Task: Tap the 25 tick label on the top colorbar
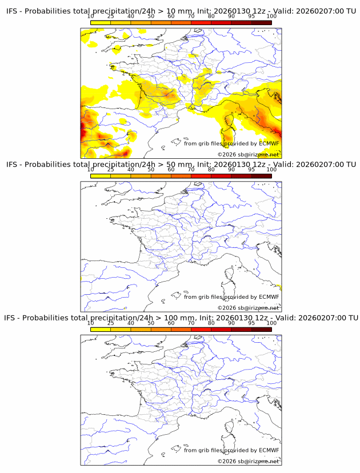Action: (110, 17)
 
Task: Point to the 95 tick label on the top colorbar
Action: (251, 17)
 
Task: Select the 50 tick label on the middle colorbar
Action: (151, 170)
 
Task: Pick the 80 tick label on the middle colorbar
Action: (211, 170)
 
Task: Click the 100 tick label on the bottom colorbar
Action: (271, 323)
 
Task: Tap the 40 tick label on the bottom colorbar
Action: (131, 323)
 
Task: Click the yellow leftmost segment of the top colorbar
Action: (100, 23)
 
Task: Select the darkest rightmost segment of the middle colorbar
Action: (261, 176)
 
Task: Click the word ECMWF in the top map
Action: (269, 144)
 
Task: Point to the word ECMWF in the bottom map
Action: (269, 450)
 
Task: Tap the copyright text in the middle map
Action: (248, 308)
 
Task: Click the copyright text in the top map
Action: (248, 155)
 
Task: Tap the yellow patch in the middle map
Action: (279, 287)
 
